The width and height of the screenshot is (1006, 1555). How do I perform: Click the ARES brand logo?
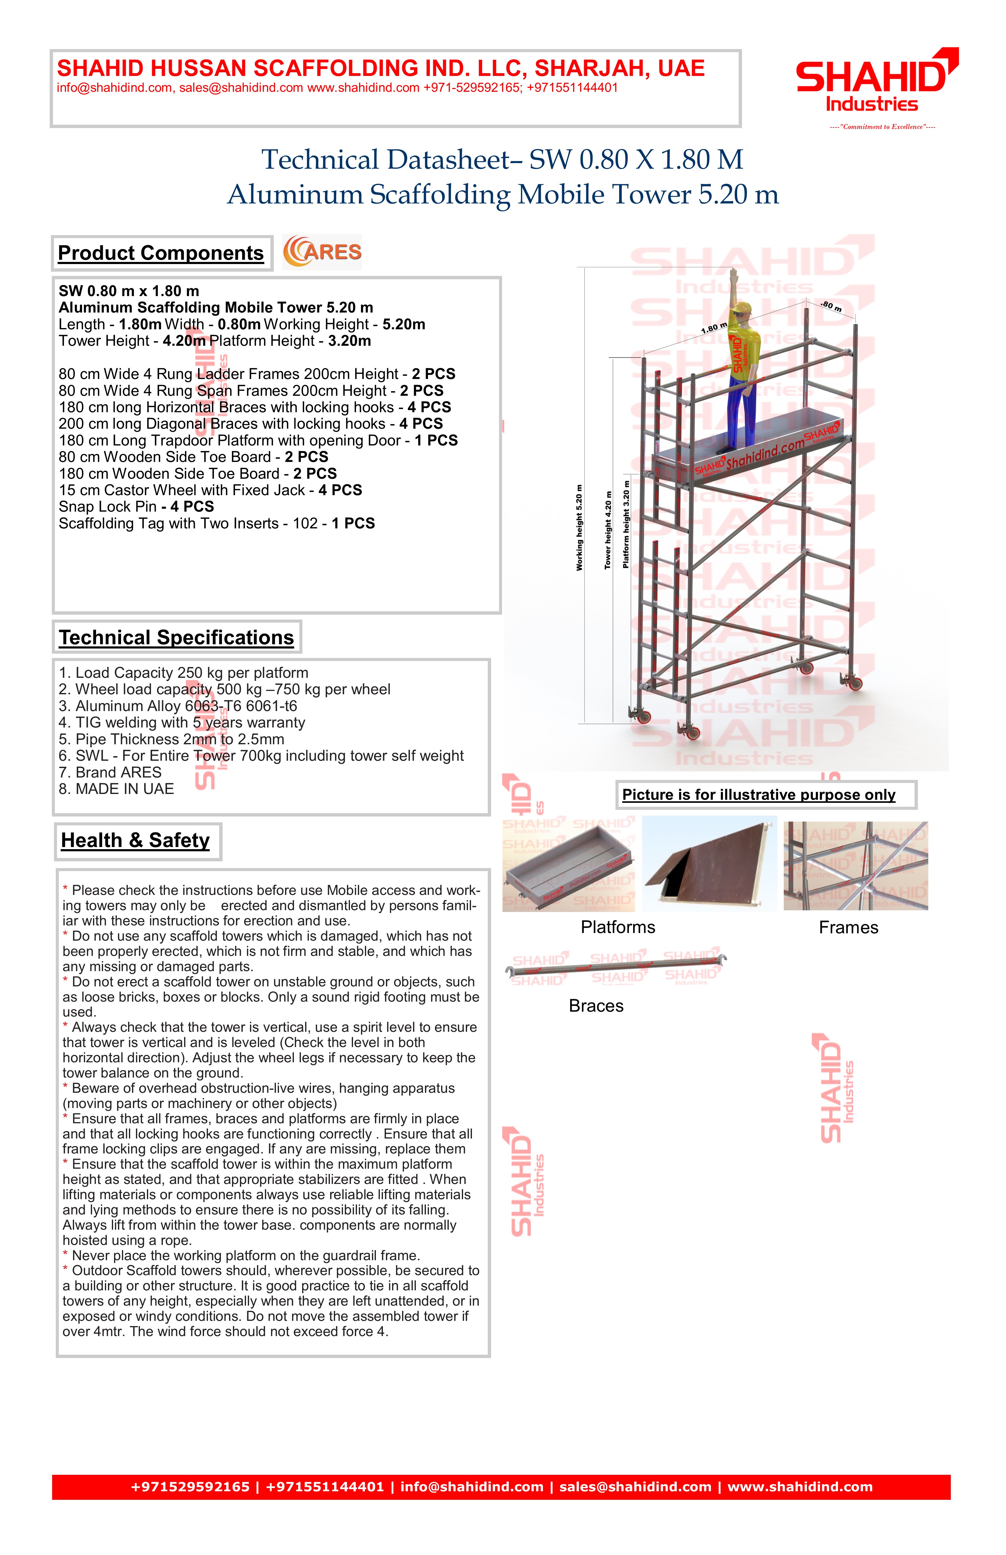click(322, 252)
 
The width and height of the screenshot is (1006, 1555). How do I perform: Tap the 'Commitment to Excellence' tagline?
click(882, 127)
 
